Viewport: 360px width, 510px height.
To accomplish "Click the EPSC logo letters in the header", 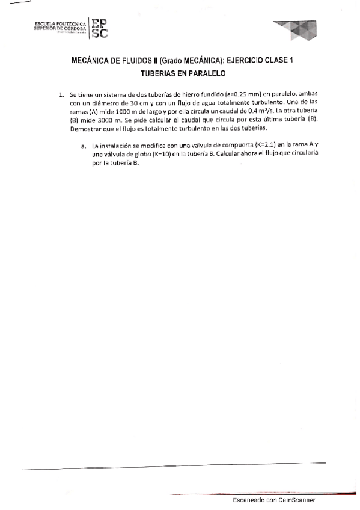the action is pos(100,28).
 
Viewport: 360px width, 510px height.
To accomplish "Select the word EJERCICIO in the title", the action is pos(240,61).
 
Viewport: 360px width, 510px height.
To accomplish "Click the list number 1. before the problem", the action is pos(61,95).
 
